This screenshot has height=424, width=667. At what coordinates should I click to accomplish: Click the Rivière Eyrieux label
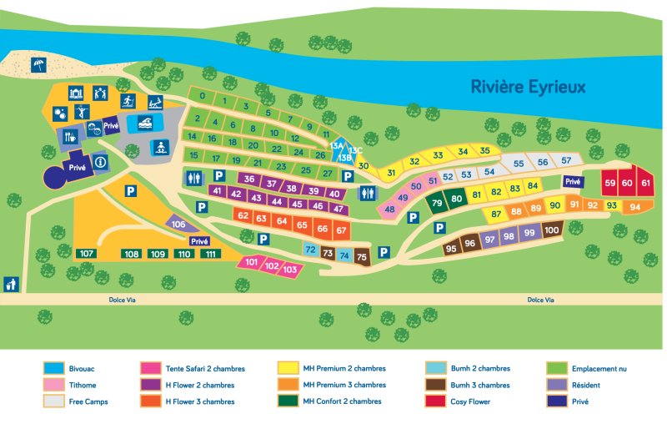pos(528,86)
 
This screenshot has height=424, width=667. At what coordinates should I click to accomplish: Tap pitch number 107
pos(87,254)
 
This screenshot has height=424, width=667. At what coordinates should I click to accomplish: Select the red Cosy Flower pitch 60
pos(627,183)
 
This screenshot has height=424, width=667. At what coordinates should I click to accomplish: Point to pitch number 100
pos(551,230)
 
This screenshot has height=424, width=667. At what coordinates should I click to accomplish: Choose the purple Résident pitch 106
pos(178,224)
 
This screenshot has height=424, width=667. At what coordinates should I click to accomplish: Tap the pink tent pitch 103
pos(290,270)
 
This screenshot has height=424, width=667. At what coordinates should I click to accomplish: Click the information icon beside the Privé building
pos(100,162)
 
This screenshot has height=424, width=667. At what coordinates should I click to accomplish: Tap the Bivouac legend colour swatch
pos(53,368)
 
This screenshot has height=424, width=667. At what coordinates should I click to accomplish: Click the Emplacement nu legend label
pos(599,368)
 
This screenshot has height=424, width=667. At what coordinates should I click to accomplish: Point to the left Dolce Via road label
pos(123,299)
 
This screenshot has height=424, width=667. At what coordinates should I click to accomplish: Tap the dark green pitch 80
pos(456,199)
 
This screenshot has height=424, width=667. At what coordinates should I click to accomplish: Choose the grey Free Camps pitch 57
pos(566,160)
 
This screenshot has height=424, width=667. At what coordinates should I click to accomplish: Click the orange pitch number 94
pos(635,206)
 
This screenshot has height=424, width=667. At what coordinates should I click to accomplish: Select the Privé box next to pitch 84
pos(572,181)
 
